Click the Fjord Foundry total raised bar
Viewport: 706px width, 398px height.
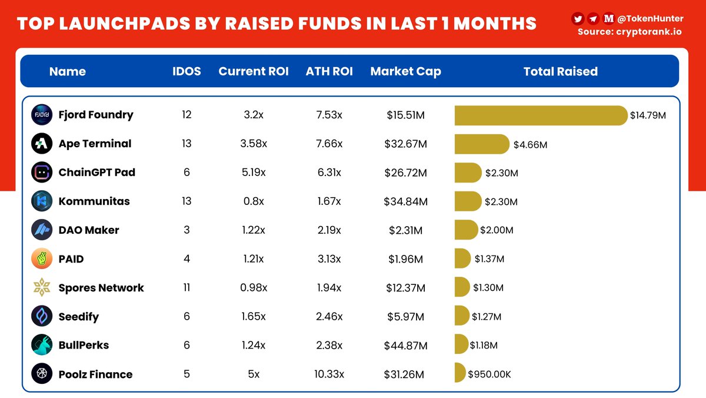pos(540,115)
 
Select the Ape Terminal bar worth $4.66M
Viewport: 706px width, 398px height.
pos(481,144)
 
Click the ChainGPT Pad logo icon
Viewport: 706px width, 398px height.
pos(42,173)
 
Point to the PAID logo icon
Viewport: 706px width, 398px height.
pos(42,259)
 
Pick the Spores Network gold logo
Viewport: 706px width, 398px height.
pos(42,288)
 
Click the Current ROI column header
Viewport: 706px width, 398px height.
pos(254,72)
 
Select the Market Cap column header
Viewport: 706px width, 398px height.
pos(405,72)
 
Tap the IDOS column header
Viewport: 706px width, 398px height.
pos(187,72)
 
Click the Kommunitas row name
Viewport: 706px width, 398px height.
pos(94,201)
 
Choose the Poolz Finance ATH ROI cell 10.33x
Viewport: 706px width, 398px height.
pos(329,374)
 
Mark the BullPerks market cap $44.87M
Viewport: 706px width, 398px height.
pos(405,346)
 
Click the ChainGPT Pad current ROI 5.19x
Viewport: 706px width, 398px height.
pos(254,173)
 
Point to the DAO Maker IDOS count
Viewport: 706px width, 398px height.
pos(187,230)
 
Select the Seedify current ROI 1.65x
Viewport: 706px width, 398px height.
pos(254,317)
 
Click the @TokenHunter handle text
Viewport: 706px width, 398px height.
pos(650,19)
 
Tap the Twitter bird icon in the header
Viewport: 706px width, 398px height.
pos(578,19)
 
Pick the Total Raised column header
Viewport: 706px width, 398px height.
pos(560,72)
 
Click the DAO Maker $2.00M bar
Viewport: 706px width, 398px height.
pos(466,230)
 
